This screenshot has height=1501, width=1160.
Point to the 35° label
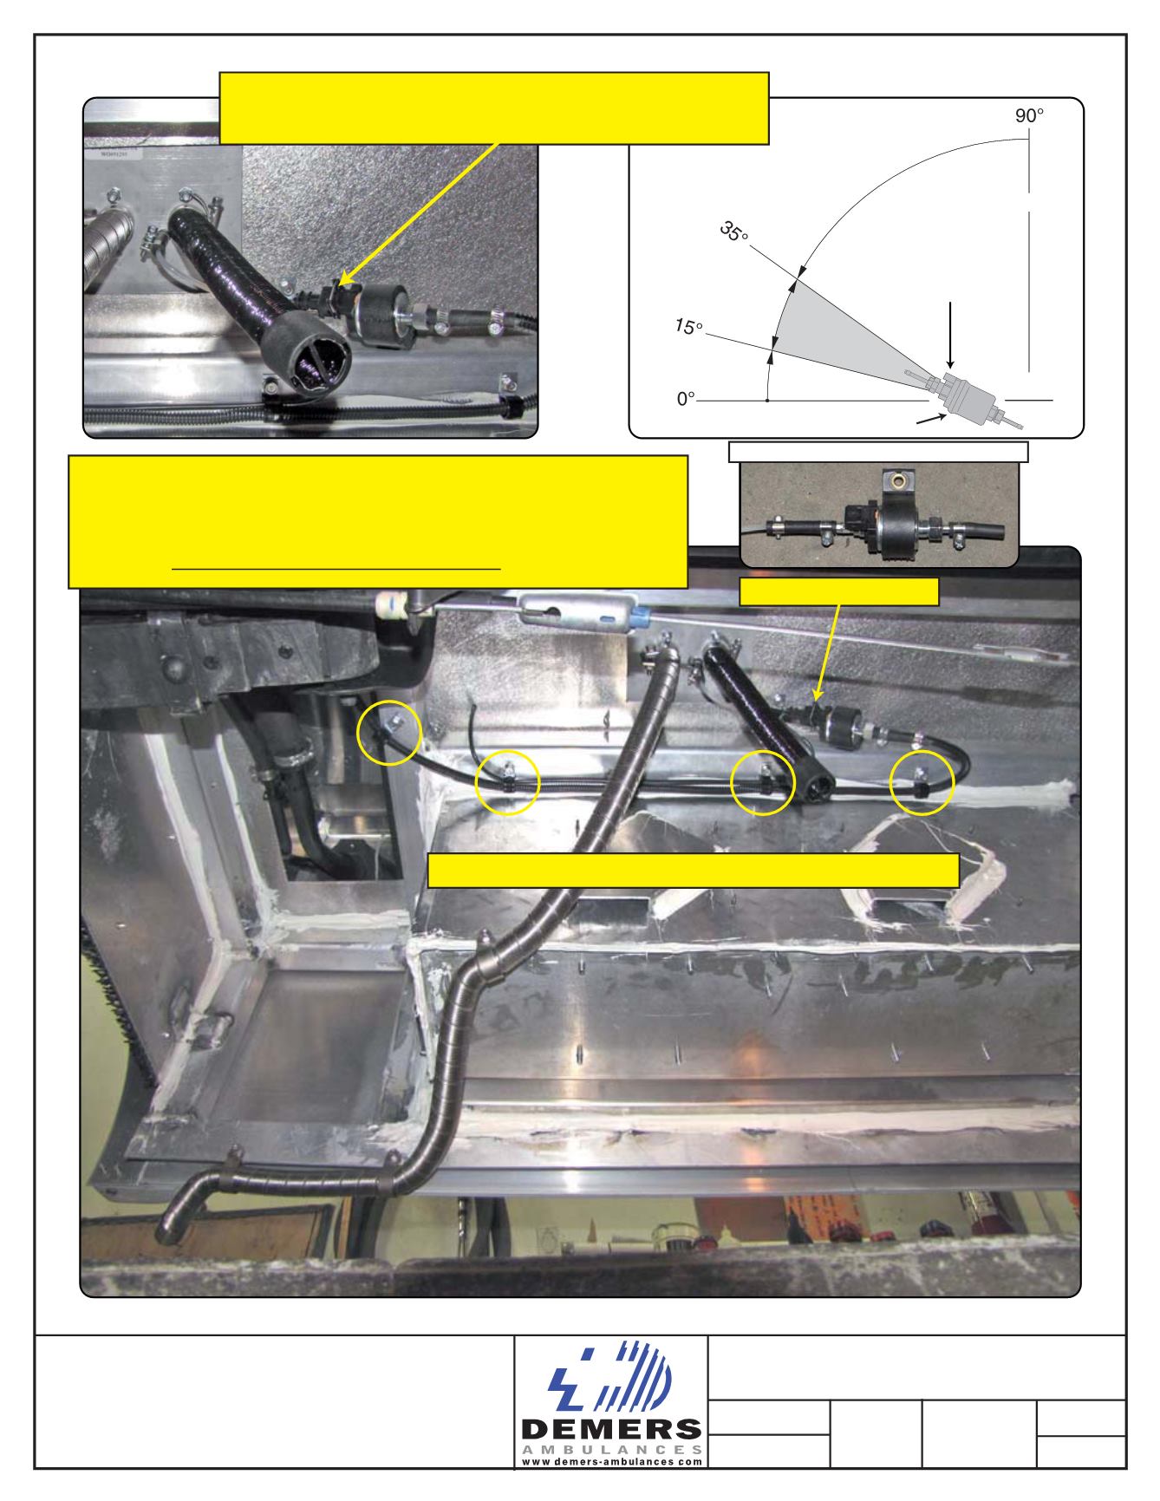click(733, 232)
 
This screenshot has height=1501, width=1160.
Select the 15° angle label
click(689, 328)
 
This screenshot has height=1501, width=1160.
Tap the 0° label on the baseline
click(687, 399)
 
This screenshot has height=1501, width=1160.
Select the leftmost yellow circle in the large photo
click(389, 734)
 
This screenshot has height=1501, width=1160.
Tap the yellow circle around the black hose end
click(763, 781)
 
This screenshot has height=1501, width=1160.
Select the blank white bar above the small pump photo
click(877, 451)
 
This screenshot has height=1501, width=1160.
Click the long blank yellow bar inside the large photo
click(694, 871)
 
